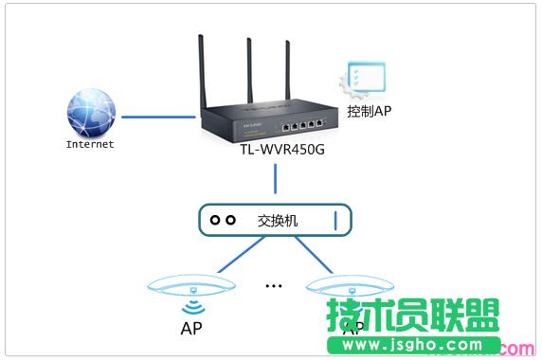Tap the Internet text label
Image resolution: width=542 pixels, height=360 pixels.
coord(90,145)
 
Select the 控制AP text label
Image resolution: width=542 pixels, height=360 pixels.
coord(370,112)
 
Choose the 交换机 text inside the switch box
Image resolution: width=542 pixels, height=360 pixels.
coord(278,220)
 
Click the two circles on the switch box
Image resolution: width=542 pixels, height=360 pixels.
coord(223,220)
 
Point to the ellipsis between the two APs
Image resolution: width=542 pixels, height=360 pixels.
coord(275,285)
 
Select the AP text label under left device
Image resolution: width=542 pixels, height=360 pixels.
coord(190,331)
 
